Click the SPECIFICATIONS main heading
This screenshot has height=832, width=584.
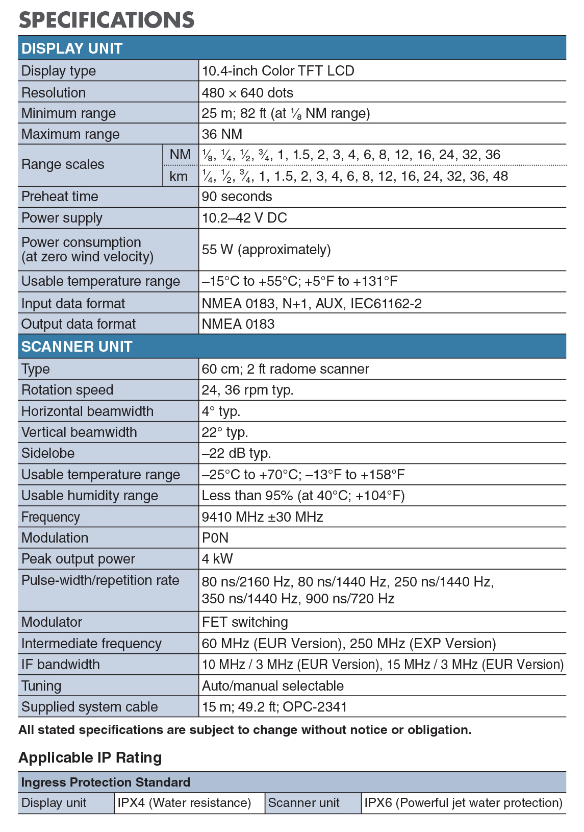click(106, 19)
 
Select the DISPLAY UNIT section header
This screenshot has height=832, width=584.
click(72, 48)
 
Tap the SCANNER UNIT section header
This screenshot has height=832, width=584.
click(77, 347)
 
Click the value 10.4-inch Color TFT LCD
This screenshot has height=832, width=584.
click(278, 70)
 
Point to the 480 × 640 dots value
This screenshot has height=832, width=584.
click(247, 92)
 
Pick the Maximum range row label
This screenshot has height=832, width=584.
click(70, 134)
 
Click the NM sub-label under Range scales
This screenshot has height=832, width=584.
click(180, 155)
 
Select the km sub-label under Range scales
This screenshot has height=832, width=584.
click(179, 177)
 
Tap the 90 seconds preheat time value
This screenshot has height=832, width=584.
click(237, 197)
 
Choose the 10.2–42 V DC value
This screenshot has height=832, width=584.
click(244, 218)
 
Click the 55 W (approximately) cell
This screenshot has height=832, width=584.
click(266, 250)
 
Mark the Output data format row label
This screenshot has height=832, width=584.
click(79, 324)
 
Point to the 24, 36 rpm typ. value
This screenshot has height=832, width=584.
click(247, 390)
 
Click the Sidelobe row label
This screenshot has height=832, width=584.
click(48, 453)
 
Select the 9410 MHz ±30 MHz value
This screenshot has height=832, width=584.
click(262, 517)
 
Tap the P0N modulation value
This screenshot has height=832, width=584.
click(215, 538)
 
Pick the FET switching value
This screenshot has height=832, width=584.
click(245, 622)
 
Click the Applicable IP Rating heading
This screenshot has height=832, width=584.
click(90, 757)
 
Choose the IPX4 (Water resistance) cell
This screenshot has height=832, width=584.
click(184, 803)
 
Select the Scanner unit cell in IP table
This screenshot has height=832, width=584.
click(303, 803)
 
